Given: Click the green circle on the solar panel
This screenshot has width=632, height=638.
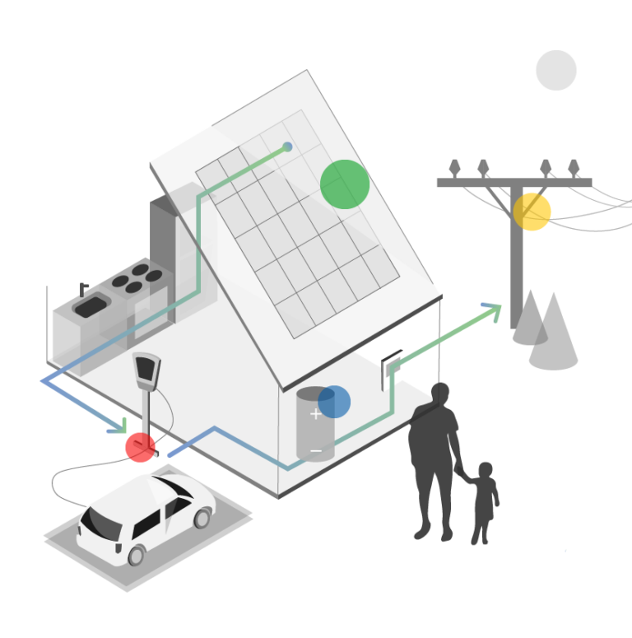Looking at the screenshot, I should (345, 184).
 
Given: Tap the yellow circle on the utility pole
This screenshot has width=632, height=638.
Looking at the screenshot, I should (532, 212).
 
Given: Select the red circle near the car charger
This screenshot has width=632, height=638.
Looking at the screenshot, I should (140, 448).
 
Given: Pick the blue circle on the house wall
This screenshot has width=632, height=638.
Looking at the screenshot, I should (334, 402).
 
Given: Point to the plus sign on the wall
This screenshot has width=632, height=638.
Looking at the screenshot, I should (315, 414).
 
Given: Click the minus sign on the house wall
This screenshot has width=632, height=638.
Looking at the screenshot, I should (316, 451).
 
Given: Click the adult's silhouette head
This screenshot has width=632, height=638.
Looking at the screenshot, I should (440, 394).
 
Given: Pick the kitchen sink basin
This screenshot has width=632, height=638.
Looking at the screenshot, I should (90, 306).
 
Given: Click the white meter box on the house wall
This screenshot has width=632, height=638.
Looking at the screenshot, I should (392, 370).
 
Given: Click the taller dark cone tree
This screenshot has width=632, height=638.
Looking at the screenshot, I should (554, 333).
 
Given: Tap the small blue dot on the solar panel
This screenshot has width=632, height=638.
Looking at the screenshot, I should (287, 147).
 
